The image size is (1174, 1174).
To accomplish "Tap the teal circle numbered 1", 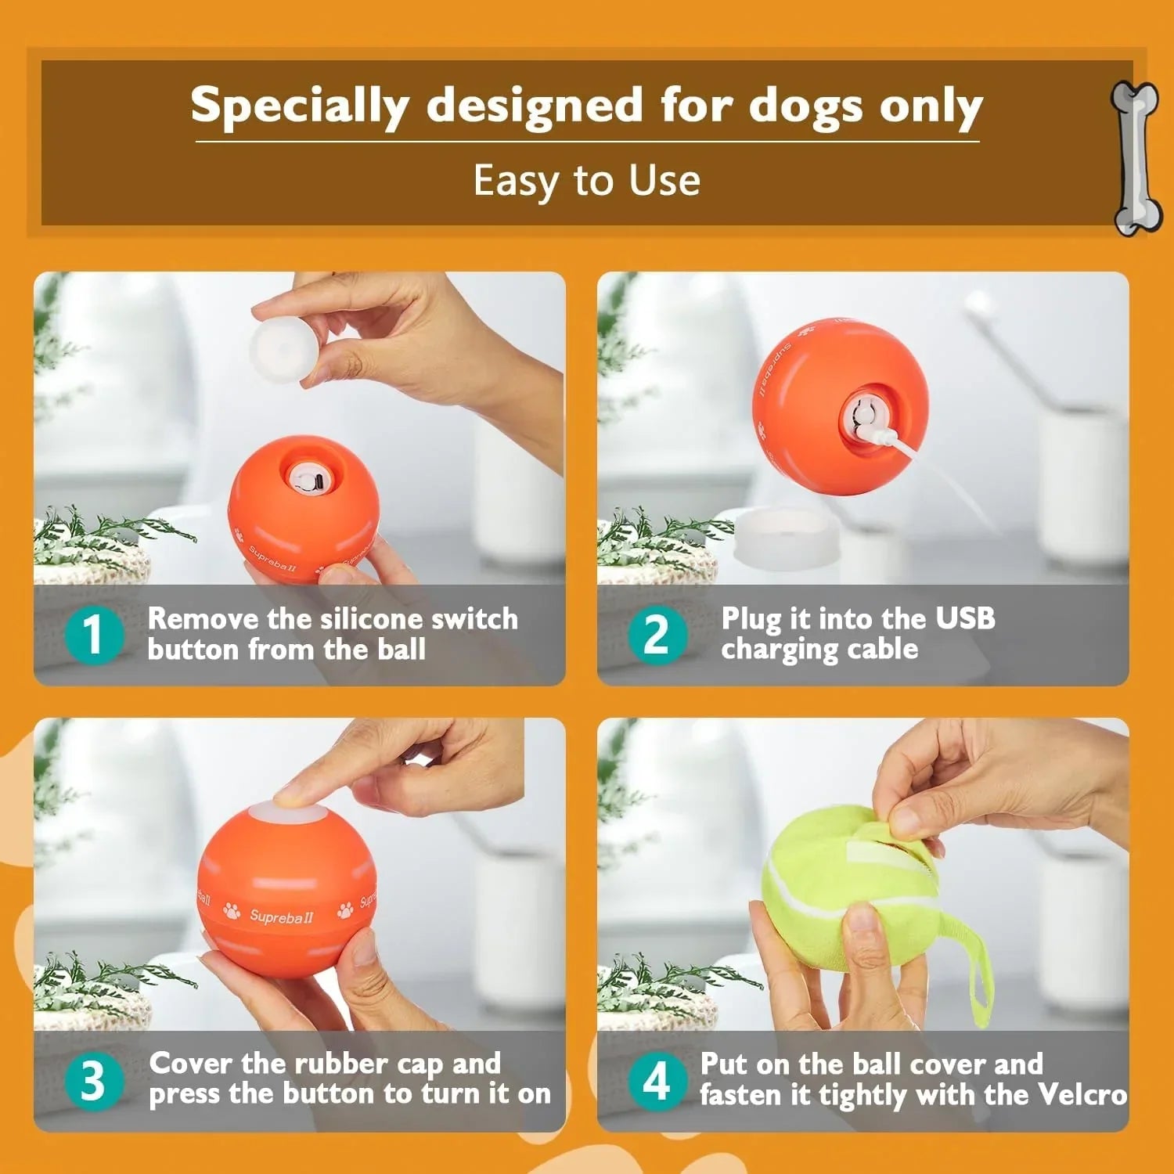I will [93, 634].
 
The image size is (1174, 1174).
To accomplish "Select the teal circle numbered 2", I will [657, 634].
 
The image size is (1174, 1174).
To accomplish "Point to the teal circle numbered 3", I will [93, 1080].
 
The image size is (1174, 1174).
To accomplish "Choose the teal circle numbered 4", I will [657, 1080].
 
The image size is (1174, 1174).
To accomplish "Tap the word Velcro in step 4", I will [1082, 1094].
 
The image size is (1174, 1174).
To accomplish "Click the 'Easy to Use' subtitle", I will [587, 181].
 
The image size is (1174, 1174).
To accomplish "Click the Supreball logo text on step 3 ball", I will [281, 916].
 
